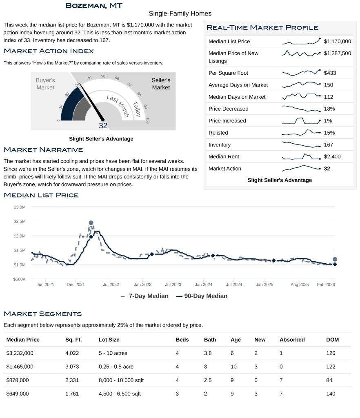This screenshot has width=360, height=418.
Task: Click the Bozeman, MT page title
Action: click(x=94, y=5)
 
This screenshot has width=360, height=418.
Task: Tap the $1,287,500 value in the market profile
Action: click(x=337, y=53)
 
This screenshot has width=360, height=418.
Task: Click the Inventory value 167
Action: click(x=328, y=145)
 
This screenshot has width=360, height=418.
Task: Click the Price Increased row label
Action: click(x=227, y=121)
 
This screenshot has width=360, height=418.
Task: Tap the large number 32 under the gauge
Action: click(x=103, y=126)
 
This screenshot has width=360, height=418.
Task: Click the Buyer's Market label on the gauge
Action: click(x=45, y=84)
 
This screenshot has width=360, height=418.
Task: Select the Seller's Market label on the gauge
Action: click(x=161, y=84)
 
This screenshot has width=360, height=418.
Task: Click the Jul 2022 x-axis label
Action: click(x=111, y=284)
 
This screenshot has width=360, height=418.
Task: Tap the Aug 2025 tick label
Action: click(x=300, y=284)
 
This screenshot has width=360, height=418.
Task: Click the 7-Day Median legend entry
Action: click(x=144, y=296)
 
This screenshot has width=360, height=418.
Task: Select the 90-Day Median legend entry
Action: click(x=202, y=296)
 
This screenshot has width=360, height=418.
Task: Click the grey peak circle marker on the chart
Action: click(x=91, y=223)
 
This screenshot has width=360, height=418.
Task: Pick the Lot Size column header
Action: click(x=109, y=340)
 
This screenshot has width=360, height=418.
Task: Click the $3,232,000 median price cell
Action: click(x=20, y=353)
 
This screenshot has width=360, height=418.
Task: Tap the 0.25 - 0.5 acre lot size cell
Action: click(x=116, y=367)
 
